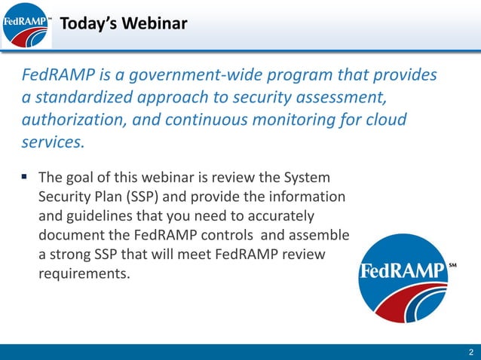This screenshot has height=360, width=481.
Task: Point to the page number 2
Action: coord(470,352)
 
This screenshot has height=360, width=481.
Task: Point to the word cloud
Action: coord(387,120)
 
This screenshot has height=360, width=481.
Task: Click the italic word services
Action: coord(51,142)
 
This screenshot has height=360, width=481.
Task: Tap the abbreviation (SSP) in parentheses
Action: coord(152,197)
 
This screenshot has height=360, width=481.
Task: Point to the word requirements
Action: coord(84,273)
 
